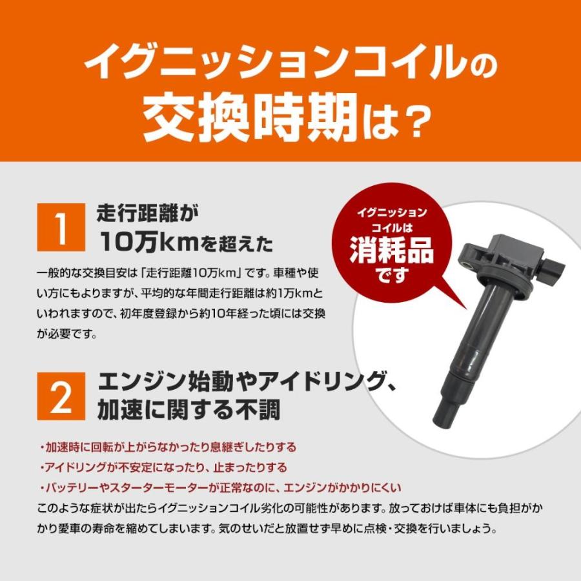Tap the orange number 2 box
(62, 396)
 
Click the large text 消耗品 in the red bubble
(391, 250)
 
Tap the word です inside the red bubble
(391, 277)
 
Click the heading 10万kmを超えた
(187, 243)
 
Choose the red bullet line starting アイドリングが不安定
(163, 467)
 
